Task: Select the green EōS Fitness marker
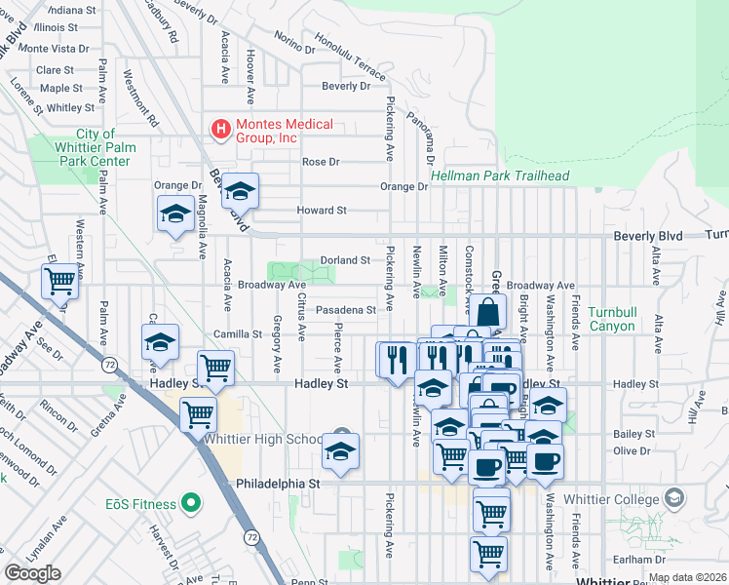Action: point(192,504)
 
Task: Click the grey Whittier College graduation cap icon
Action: point(673,498)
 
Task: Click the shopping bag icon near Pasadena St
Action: point(487,314)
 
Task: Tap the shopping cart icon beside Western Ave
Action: point(59,282)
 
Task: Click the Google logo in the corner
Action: point(32,573)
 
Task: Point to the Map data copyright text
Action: point(686,577)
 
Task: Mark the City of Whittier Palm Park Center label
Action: point(96,147)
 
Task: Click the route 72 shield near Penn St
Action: point(252,537)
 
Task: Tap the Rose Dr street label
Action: point(321,162)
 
